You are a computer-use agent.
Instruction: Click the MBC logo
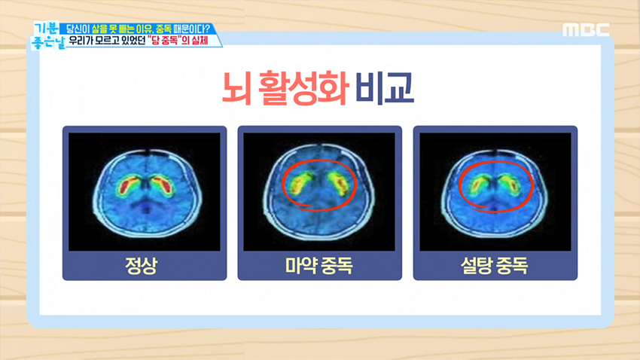click(586, 30)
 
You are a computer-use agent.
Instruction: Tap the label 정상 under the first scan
click(141, 266)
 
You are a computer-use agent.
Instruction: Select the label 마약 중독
click(318, 266)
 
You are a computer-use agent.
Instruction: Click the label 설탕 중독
click(494, 266)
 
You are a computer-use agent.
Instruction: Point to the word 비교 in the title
click(385, 87)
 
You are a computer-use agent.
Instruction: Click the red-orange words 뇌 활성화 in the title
click(285, 87)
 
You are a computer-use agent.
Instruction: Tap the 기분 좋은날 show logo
click(47, 36)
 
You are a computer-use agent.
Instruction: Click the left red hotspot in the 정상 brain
click(127, 185)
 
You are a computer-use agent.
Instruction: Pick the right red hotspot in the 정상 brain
click(163, 185)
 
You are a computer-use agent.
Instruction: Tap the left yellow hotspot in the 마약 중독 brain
click(297, 184)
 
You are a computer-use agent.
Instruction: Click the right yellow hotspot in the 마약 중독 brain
click(340, 184)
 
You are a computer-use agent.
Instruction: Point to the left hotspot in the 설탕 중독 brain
click(477, 185)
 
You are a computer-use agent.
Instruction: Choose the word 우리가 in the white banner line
click(79, 41)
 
